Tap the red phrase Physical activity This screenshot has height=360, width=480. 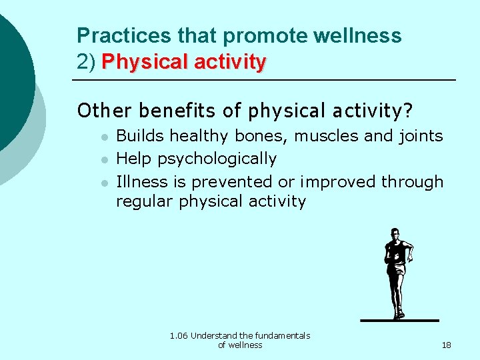[x=184, y=63]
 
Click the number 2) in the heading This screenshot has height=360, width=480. [x=87, y=63]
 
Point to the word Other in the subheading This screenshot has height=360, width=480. [x=98, y=109]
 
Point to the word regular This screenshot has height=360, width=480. [x=145, y=201]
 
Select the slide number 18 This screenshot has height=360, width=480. [x=446, y=345]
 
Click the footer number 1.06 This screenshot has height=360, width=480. [x=179, y=336]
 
